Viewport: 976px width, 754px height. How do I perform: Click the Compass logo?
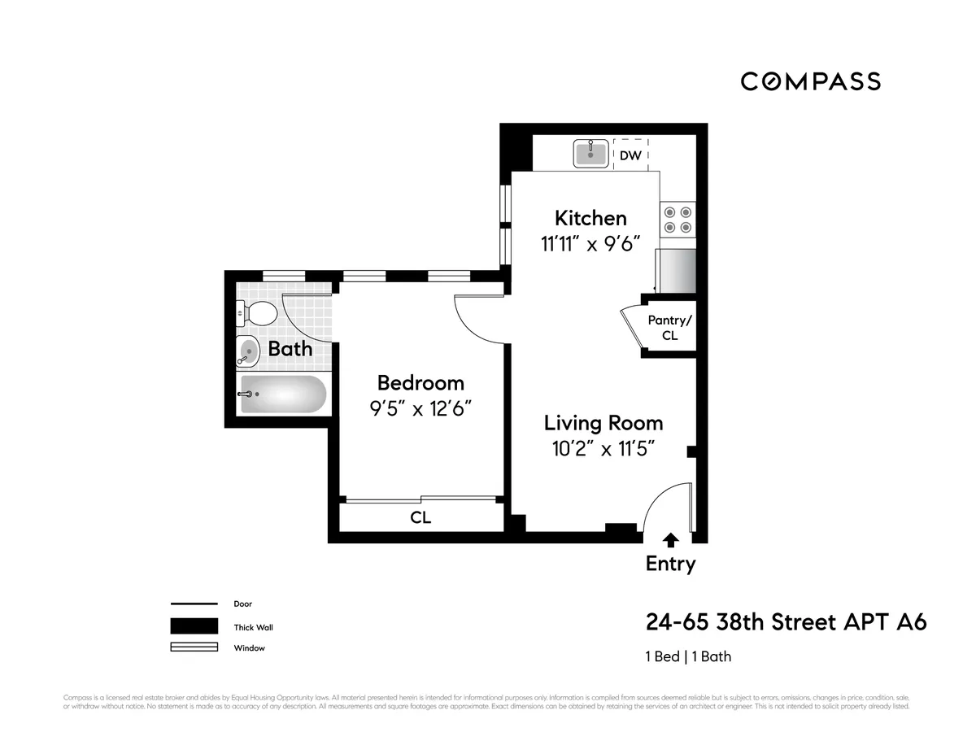[x=810, y=81]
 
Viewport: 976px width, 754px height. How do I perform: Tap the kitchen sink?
[x=591, y=153]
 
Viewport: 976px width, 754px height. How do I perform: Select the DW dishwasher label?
[x=630, y=155]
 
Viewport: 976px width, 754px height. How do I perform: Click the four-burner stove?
[x=678, y=220]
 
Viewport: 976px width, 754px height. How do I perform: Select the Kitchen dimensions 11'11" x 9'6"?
[x=590, y=243]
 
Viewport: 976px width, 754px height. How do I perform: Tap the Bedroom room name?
[x=420, y=382]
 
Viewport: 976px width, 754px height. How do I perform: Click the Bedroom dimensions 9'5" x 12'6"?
[x=420, y=408]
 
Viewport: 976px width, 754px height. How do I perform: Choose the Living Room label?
[x=603, y=423]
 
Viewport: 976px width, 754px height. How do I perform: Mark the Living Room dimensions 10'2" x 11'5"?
[x=603, y=449]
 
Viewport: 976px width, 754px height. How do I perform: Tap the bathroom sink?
[x=248, y=351]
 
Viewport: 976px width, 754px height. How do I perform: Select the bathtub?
[x=283, y=395]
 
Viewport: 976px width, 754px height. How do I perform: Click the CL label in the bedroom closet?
[x=420, y=517]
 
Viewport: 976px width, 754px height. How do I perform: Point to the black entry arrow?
[x=670, y=539]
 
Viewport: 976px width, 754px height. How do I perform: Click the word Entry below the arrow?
[x=670, y=563]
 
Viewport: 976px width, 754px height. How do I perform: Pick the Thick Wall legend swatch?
[x=194, y=626]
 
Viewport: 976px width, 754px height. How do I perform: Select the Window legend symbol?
[x=194, y=647]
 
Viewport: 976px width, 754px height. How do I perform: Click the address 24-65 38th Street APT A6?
[x=786, y=622]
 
